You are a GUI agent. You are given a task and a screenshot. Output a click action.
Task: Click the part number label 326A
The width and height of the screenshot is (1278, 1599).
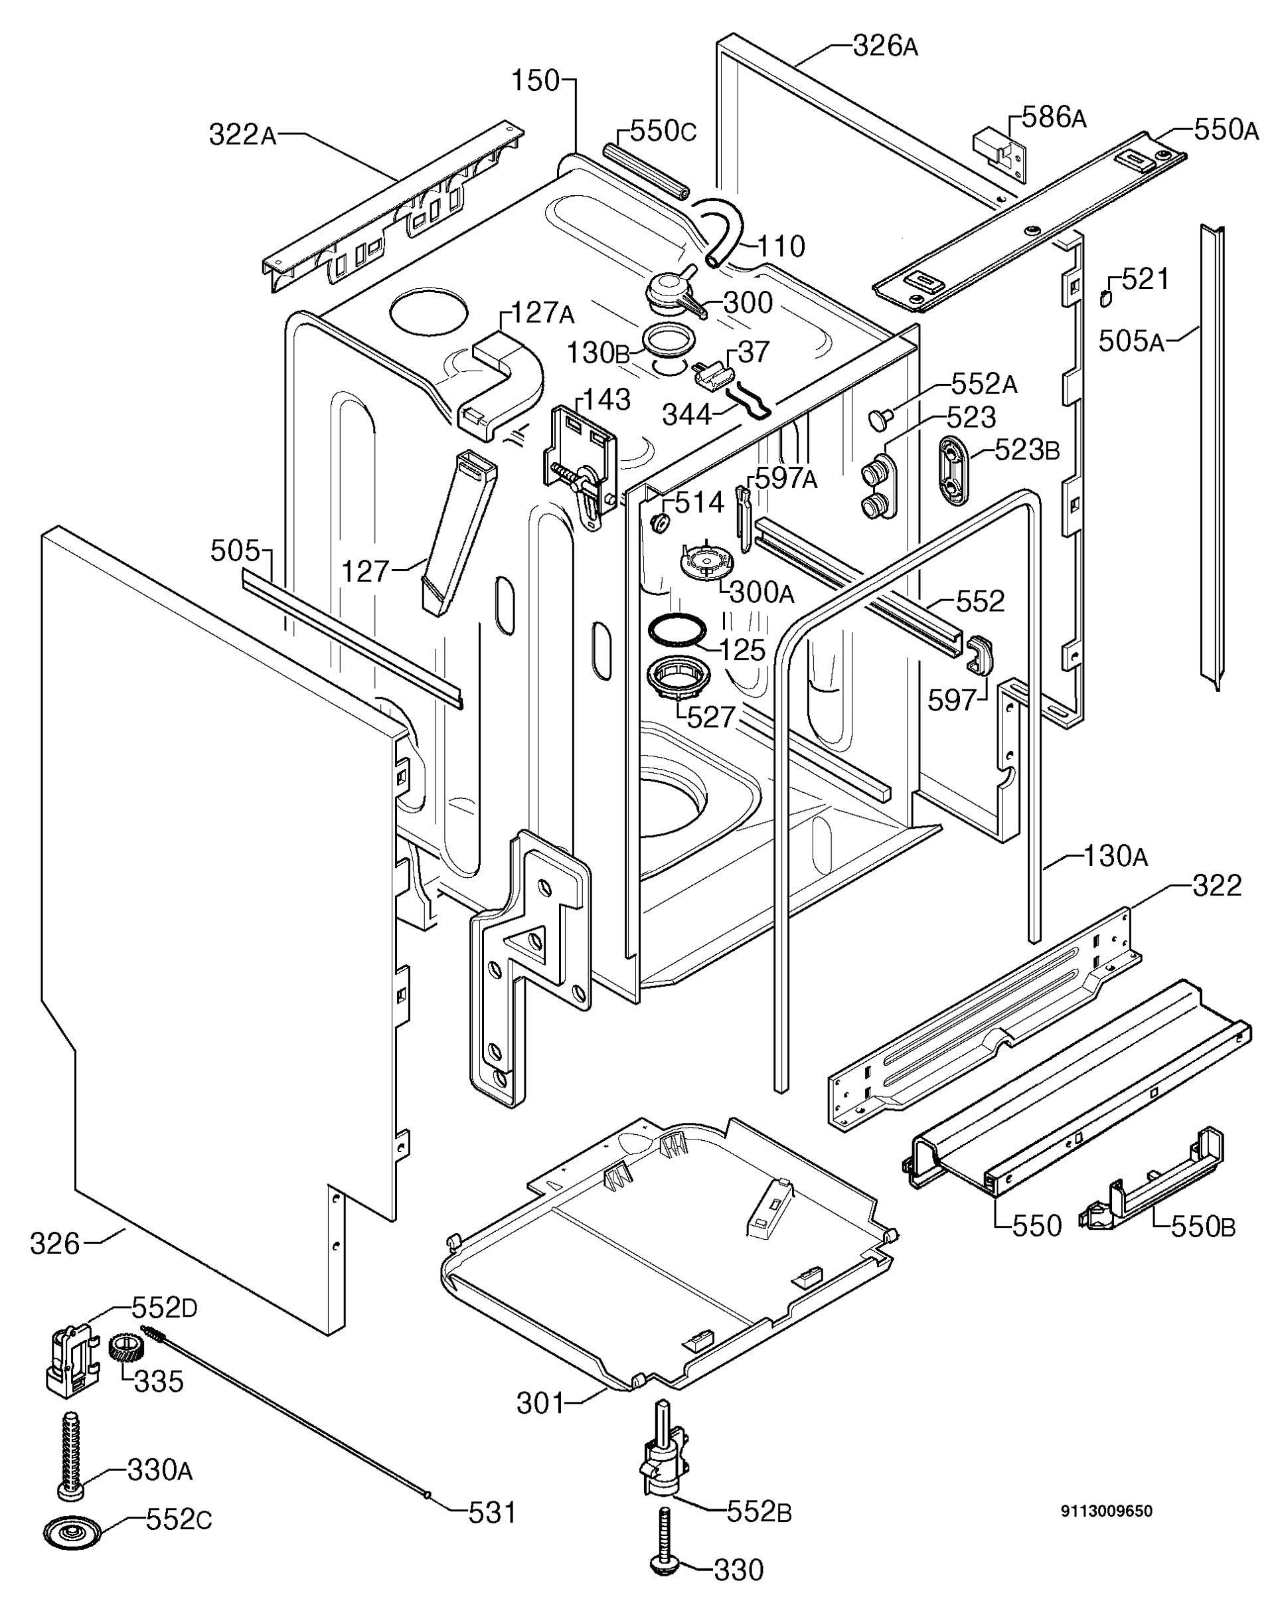coord(885,46)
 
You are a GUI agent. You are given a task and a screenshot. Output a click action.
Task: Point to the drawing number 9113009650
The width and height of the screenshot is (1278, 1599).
coord(1106,1511)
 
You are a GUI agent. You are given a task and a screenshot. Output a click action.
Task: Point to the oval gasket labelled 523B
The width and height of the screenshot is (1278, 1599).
coord(953,471)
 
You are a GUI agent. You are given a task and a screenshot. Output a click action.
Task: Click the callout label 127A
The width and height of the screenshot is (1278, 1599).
coord(542,313)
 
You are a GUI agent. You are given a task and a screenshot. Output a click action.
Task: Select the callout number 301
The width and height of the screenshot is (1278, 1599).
coord(540,1403)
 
